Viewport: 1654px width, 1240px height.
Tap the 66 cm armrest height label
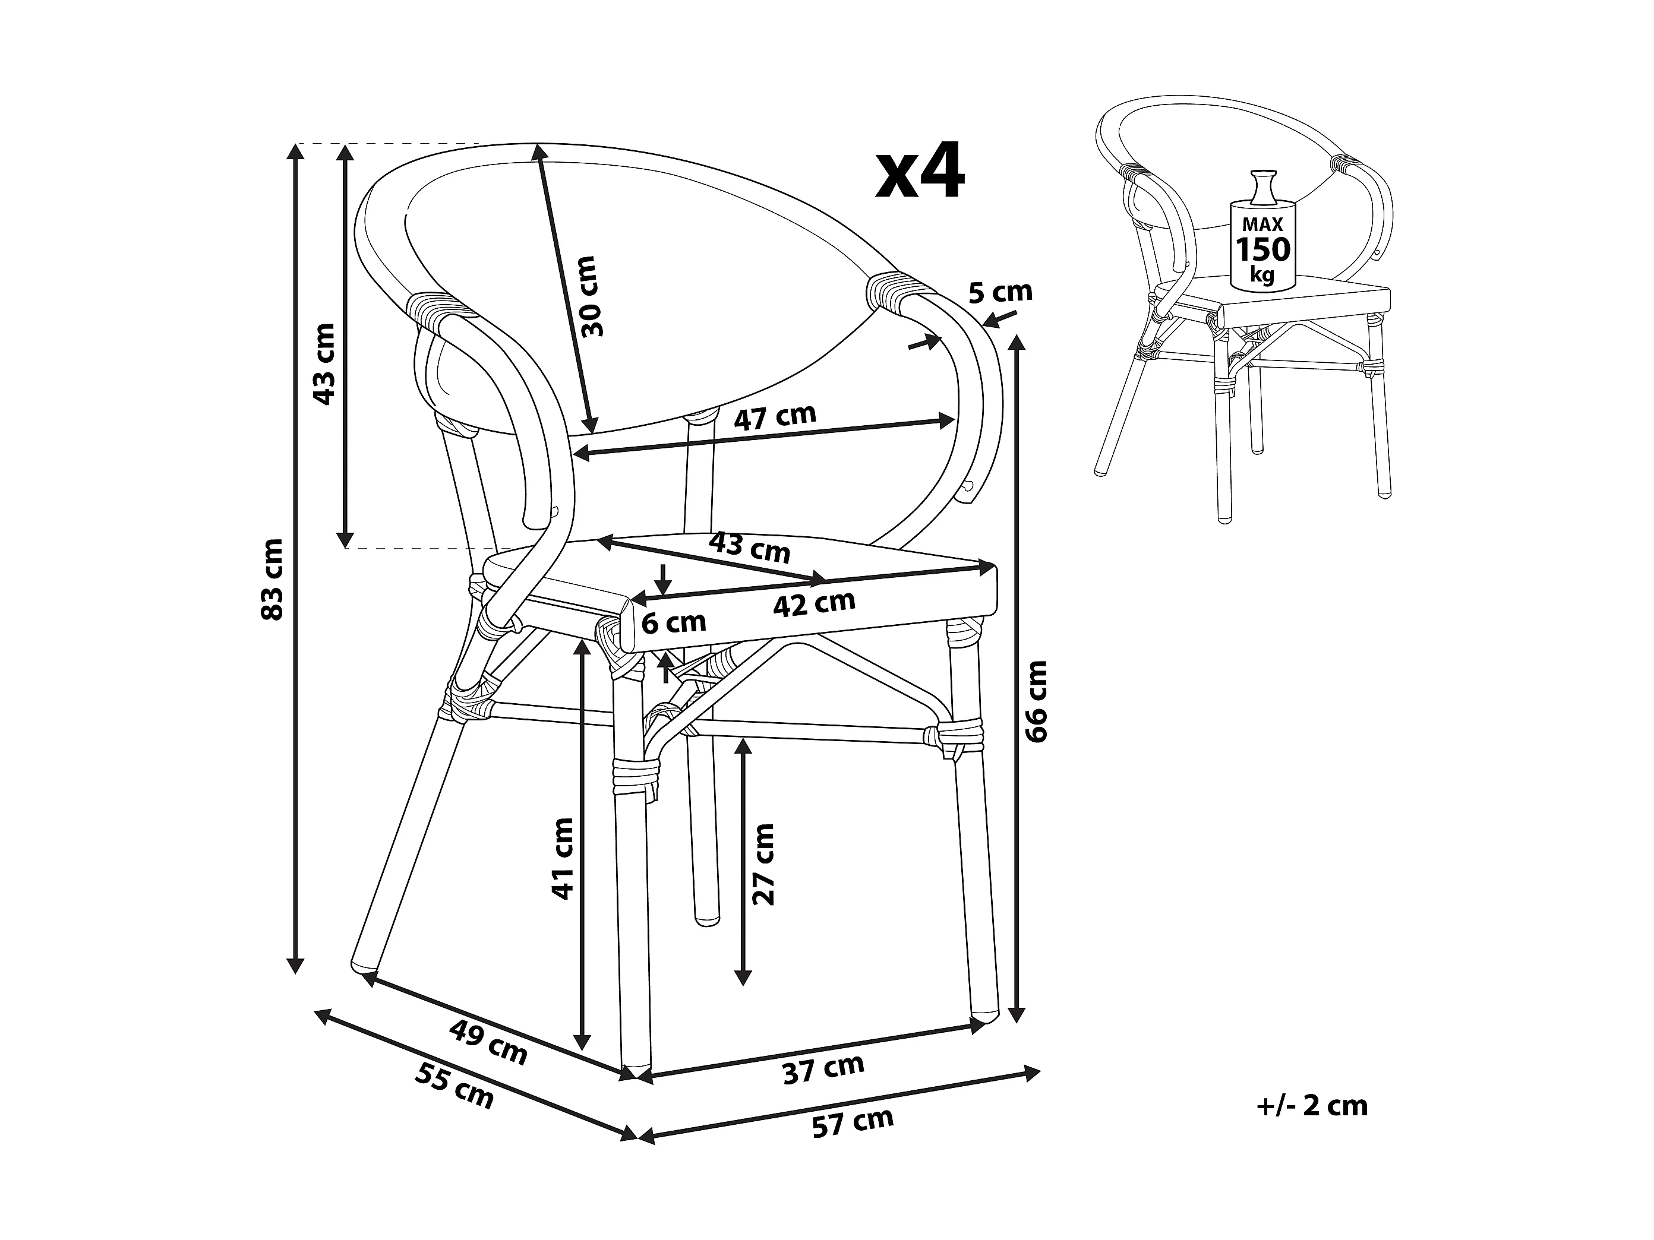[x=1038, y=701]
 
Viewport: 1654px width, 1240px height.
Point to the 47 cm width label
[x=775, y=417]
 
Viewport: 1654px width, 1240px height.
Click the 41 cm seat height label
[x=562, y=858]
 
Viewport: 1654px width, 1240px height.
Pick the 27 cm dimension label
[x=764, y=864]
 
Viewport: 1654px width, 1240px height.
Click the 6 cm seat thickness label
[x=674, y=622]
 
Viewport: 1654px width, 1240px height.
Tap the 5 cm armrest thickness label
[x=1000, y=292]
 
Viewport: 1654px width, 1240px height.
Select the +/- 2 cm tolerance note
[x=1313, y=1105]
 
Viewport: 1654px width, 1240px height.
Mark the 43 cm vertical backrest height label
[x=324, y=363]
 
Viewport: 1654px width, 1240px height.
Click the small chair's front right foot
[x=1385, y=494]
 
